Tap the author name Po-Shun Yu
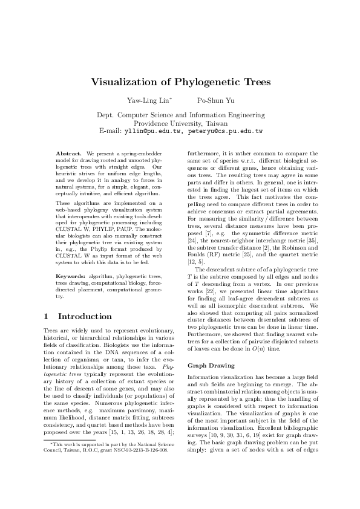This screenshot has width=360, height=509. [x=215, y=100]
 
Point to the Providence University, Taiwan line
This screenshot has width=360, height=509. [x=180, y=122]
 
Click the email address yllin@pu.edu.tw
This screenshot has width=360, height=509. [x=152, y=130]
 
